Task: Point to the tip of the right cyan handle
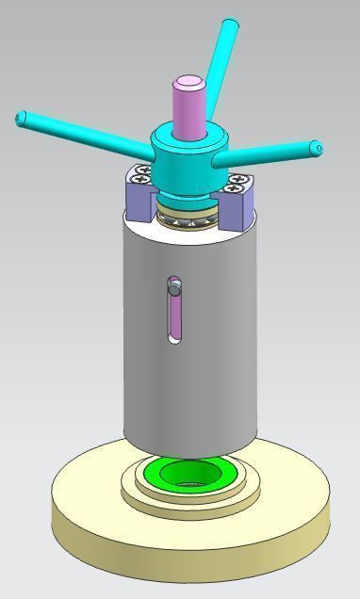pyautogui.click(x=317, y=149)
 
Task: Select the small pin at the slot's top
pyautogui.click(x=173, y=282)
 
